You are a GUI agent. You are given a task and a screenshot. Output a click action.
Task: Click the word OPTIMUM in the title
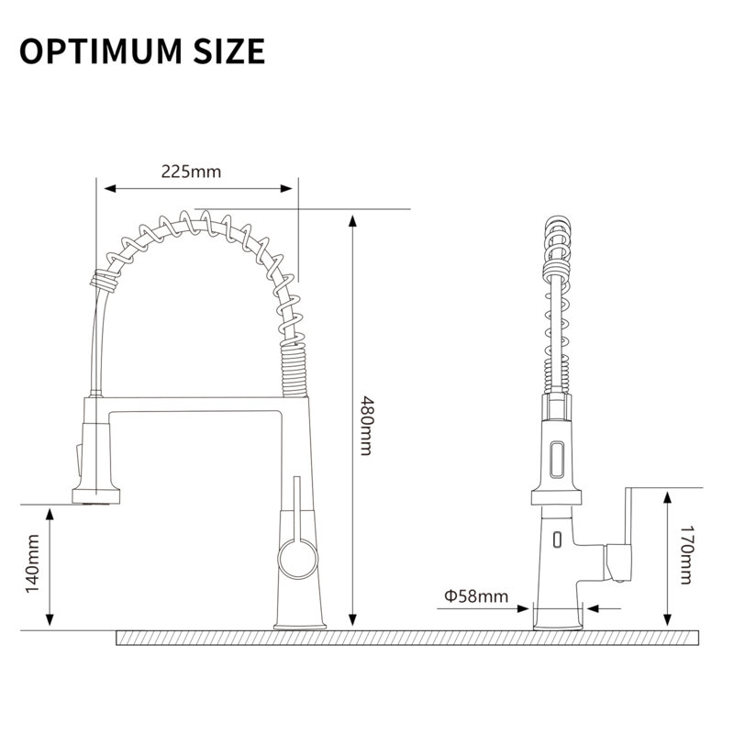(101, 51)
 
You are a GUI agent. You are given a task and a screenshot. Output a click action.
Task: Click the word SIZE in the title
(229, 51)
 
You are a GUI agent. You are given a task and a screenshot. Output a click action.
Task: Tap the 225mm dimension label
(191, 172)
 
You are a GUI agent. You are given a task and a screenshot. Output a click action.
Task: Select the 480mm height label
(365, 426)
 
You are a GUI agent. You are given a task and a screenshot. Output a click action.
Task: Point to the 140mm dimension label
(32, 564)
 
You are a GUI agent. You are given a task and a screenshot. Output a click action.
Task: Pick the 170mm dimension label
(685, 555)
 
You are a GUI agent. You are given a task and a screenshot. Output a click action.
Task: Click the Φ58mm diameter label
(476, 596)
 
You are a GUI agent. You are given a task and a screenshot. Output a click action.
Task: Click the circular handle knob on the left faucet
(297, 559)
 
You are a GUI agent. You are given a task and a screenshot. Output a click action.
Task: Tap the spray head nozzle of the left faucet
(96, 496)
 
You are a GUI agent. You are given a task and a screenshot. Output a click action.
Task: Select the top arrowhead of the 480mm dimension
(353, 221)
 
